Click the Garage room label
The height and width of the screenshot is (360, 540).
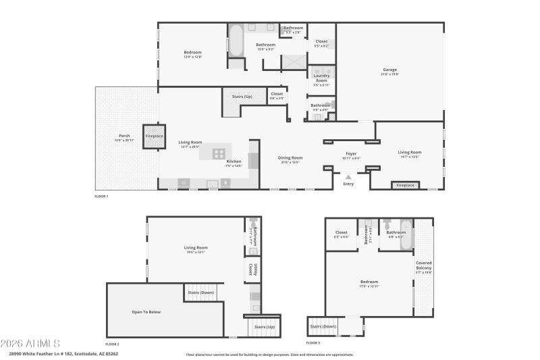tap(390, 70)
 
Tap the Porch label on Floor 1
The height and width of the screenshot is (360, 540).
tap(124, 136)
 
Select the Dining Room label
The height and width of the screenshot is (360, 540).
tap(290, 158)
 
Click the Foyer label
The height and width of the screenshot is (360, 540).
tap(351, 154)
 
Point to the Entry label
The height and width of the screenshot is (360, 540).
tap(348, 184)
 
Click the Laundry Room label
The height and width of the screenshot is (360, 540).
tap(321, 78)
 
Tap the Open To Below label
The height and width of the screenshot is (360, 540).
tap(146, 311)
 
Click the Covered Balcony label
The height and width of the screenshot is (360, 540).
tap(424, 268)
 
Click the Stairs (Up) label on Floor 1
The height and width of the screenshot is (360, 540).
tap(242, 97)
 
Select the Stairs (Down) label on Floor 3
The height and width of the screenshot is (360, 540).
tap(324, 326)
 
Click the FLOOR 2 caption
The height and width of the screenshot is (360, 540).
tap(112, 344)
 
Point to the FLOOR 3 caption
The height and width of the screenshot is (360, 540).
tap(313, 343)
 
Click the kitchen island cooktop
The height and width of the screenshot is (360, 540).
tap(219, 153)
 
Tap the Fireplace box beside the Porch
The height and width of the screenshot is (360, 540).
tap(155, 136)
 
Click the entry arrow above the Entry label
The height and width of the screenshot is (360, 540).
tap(348, 176)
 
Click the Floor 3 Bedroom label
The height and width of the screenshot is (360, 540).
tap(369, 282)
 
